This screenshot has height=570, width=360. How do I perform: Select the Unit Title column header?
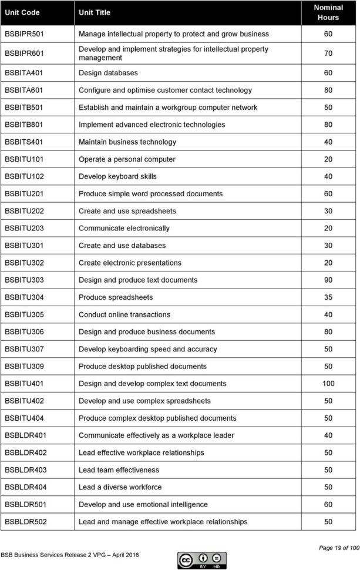pyautogui.click(x=94, y=12)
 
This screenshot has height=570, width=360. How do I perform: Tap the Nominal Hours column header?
pyautogui.click(x=328, y=12)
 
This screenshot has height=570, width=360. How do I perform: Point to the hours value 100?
pyautogui.click(x=328, y=384)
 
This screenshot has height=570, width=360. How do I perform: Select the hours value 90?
pyautogui.click(x=328, y=280)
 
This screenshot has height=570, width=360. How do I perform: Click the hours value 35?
pyautogui.click(x=328, y=297)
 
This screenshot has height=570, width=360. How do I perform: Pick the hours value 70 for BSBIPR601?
pyautogui.click(x=328, y=53)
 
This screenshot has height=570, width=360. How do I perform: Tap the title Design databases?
pyautogui.click(x=108, y=73)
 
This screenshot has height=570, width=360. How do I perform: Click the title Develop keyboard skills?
pyautogui.click(x=117, y=176)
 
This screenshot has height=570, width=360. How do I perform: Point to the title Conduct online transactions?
pyautogui.click(x=125, y=315)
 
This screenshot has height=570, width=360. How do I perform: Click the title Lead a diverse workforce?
pyautogui.click(x=120, y=487)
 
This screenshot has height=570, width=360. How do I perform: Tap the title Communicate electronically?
pyautogui.click(x=124, y=228)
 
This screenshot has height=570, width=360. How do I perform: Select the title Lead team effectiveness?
pyautogui.click(x=119, y=470)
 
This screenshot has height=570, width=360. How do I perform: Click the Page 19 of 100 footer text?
pyautogui.click(x=338, y=548)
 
